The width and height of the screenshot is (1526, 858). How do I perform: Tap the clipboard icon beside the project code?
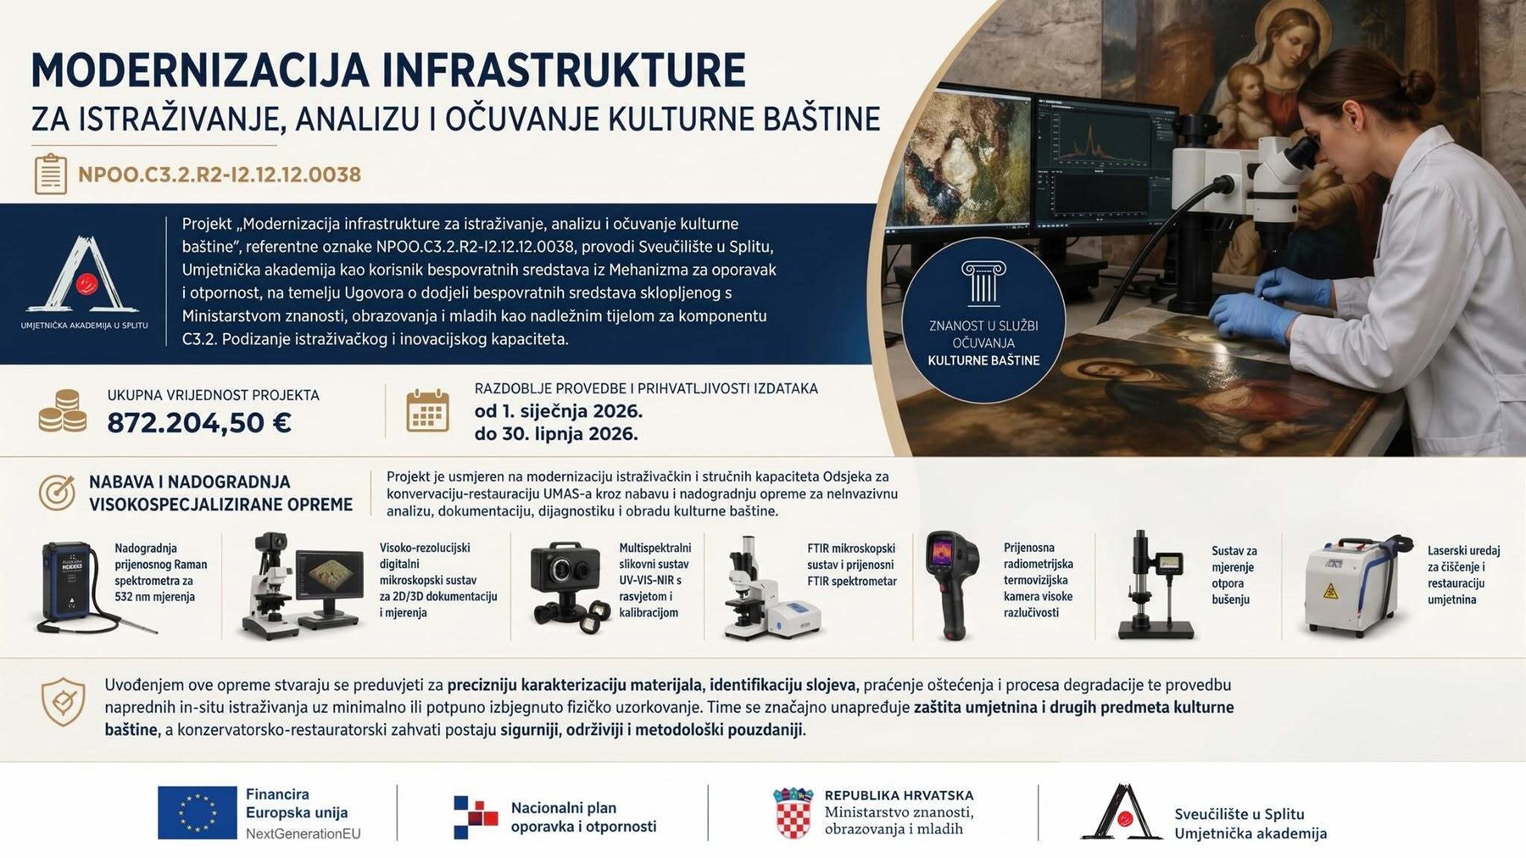pos(50,175)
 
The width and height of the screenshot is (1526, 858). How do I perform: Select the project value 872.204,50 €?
pos(199,422)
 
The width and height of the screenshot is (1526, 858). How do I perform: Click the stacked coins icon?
pos(63,411)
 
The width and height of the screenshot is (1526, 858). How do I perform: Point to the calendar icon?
pos(427,411)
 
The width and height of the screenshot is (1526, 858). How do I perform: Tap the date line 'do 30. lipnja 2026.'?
pos(556,434)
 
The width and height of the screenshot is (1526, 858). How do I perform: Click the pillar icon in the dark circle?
pos(983,282)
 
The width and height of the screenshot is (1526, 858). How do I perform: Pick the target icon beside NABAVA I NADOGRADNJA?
pos(57,493)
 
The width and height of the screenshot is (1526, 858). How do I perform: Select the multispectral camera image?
pos(566,586)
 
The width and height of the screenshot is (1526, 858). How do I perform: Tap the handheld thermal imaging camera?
pos(952,583)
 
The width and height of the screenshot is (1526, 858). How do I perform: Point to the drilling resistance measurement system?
pos(1157,585)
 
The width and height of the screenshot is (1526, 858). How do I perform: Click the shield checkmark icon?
pos(64,702)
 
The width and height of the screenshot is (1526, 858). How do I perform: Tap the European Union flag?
pos(197,812)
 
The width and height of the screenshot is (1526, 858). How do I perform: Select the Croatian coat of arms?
pos(793,813)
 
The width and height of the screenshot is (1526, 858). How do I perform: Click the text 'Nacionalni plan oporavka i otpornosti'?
pos(583,817)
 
